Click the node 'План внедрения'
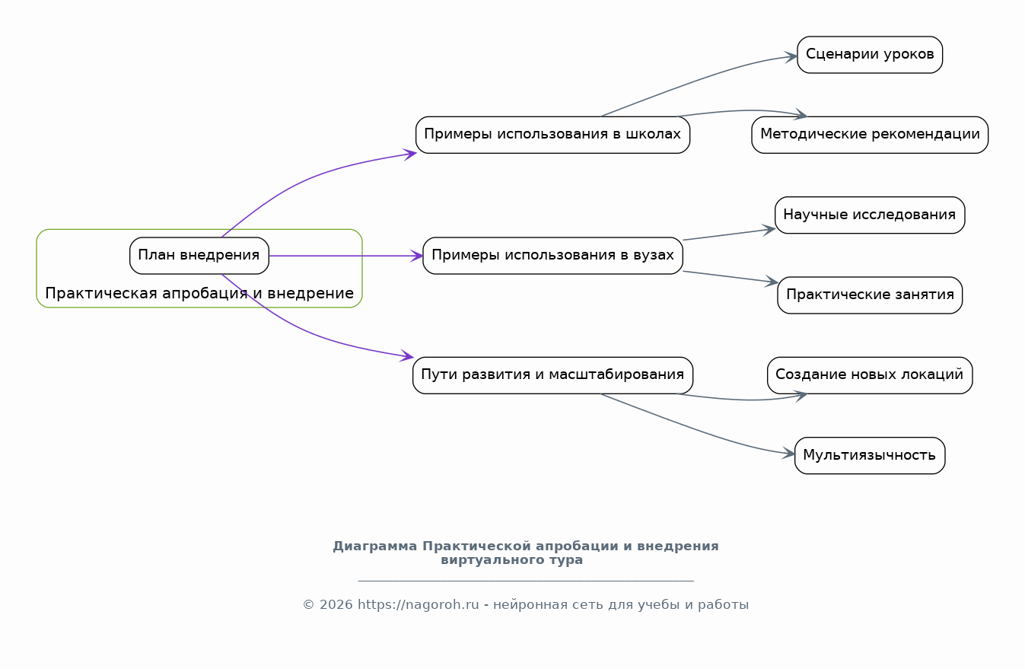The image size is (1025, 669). click(199, 256)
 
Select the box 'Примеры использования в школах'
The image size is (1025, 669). click(552, 135)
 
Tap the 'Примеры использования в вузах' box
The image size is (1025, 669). click(552, 256)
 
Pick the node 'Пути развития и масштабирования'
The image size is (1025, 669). click(552, 375)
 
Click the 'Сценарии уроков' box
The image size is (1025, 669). click(870, 55)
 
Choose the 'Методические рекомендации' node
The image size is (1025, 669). click(870, 135)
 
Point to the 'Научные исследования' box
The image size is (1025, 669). click(870, 215)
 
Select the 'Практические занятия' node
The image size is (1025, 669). click(870, 295)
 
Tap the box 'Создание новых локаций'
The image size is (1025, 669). click(870, 375)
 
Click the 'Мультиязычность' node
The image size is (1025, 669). click(870, 456)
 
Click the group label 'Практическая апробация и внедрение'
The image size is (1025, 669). click(199, 293)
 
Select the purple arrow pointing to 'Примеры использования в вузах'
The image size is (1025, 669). click(346, 256)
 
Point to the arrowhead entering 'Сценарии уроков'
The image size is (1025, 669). click(791, 57)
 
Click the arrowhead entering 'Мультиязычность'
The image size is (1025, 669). click(788, 454)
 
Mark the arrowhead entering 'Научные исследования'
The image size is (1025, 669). click(769, 230)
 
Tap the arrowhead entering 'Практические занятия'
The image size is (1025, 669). click(772, 282)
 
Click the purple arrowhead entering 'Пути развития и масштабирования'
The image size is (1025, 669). click(407, 356)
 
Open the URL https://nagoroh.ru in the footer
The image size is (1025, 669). click(419, 605)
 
